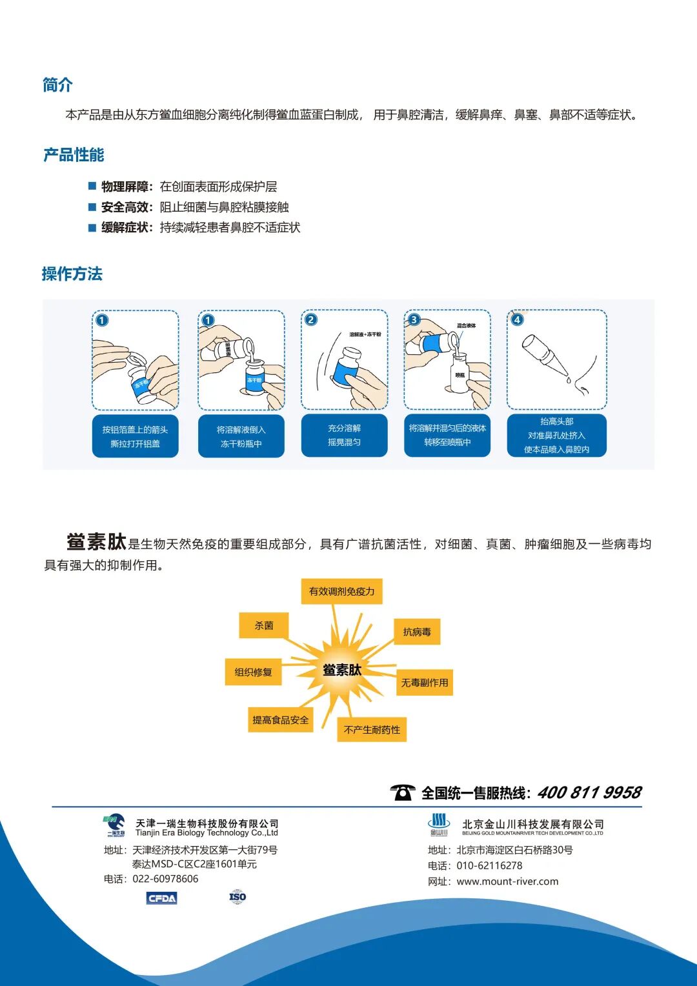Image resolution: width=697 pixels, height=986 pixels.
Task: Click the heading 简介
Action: point(57,85)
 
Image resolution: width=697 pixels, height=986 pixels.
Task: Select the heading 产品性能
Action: point(74,155)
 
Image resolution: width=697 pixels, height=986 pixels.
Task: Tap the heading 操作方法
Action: point(72,274)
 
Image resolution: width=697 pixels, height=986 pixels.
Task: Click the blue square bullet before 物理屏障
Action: point(92,186)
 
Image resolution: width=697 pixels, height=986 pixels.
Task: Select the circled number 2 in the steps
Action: point(311,319)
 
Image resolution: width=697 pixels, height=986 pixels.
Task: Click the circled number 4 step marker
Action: point(517,319)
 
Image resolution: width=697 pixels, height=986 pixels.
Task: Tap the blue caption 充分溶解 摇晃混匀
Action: point(344,436)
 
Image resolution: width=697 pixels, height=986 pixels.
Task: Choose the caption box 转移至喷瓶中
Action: point(447,436)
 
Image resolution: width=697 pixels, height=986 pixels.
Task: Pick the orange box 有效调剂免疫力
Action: point(341,591)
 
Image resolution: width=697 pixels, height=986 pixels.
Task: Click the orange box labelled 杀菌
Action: point(263,625)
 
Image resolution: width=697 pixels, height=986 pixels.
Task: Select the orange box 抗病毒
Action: point(417,632)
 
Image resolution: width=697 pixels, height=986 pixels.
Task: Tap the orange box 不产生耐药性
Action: point(372,730)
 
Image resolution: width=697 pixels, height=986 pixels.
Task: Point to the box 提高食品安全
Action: point(280,720)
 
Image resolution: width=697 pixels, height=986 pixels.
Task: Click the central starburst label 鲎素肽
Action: point(341,670)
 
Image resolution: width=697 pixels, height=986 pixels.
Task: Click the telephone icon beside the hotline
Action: point(403,792)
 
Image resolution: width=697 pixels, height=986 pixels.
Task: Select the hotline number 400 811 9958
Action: point(589,792)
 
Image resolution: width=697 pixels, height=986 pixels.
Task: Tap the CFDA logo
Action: point(161,898)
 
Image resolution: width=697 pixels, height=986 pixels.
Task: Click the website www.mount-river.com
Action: point(507,881)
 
